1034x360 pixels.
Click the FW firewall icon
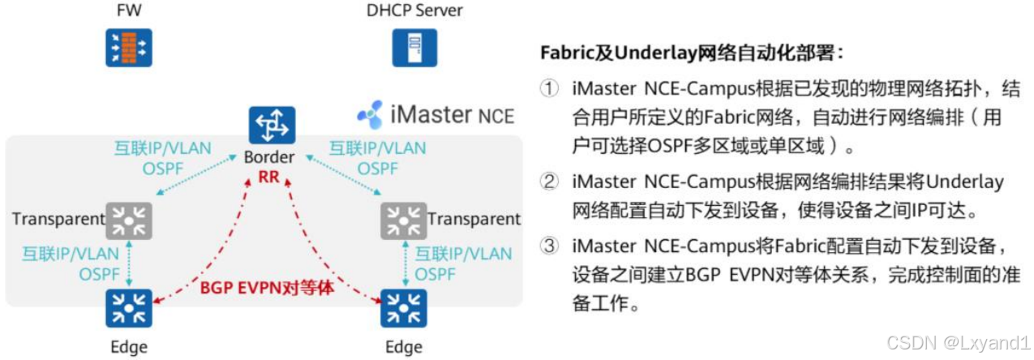(129, 47)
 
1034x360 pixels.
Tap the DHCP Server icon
(414, 47)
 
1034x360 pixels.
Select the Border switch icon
(272, 126)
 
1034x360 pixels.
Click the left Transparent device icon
(130, 220)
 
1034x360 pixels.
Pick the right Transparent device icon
(403, 220)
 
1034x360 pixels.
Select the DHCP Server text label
(414, 11)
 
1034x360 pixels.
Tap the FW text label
(129, 11)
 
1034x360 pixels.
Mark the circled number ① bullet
(551, 89)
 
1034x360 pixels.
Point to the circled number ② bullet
(551, 182)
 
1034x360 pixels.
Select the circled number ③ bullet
(551, 244)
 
